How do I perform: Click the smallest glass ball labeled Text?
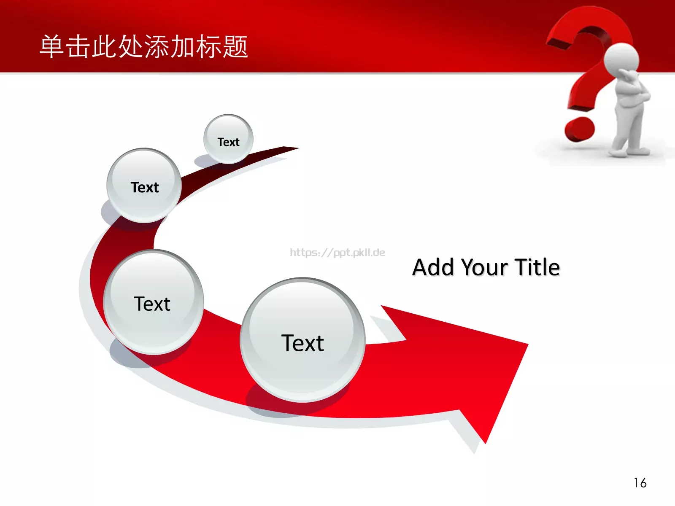pos(229,139)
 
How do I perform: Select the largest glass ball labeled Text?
pos(303,340)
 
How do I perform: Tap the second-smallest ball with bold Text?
pos(144,185)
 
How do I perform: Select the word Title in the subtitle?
pos(537,267)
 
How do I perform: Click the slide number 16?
pos(640,483)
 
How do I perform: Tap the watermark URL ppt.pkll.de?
pos(337,253)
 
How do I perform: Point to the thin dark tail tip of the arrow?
pos(294,148)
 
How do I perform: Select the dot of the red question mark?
pos(579,129)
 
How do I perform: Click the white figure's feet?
pos(629,151)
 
